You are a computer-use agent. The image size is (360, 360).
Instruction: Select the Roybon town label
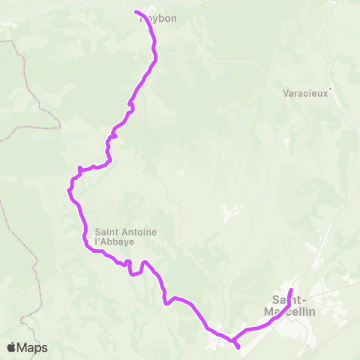[x=159, y=18]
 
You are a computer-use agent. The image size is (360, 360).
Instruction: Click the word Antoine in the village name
[x=139, y=232]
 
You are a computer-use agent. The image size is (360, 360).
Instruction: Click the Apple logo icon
[x=11, y=347]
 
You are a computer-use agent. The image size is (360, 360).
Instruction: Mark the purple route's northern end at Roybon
[x=136, y=11]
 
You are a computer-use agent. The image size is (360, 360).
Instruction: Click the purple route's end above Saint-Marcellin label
[x=291, y=280]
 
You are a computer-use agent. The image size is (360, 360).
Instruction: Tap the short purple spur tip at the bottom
[x=238, y=347]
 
